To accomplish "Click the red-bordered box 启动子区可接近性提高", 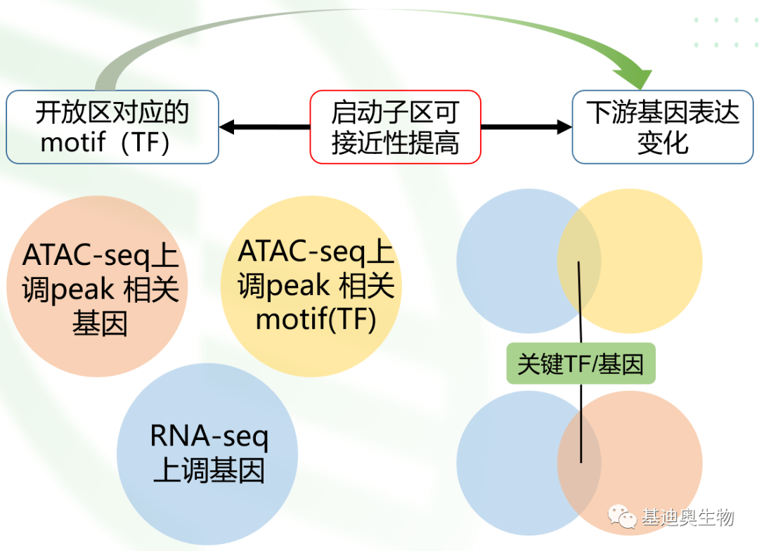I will tap(395, 127).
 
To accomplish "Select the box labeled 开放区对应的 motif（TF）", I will tap(112, 127).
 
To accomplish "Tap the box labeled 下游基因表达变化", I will tap(663, 127).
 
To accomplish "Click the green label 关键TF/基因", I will tap(580, 364).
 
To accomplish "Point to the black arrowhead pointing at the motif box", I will tap(227, 127).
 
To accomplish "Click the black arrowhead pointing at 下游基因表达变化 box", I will tap(564, 127).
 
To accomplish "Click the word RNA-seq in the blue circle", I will tap(209, 436).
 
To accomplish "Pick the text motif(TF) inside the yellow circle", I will tap(316, 319).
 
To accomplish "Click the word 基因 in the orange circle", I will tap(99, 324).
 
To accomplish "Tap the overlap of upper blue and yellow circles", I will tap(579, 261).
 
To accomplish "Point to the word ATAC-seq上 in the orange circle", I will tap(100, 256).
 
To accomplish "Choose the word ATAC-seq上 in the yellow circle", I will tap(316, 252).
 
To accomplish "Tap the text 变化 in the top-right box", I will tap(663, 143).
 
